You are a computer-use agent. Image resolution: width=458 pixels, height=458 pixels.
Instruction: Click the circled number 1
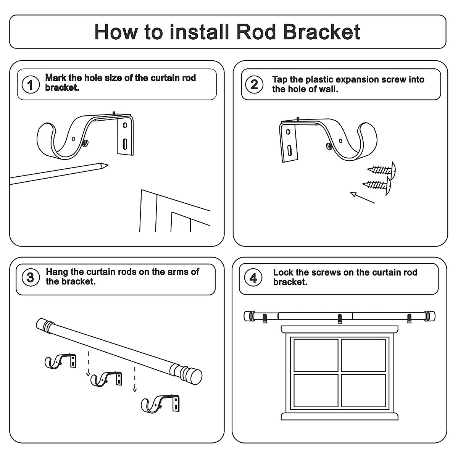click(x=31, y=85)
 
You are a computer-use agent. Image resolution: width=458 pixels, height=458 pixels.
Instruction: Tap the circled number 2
click(x=254, y=85)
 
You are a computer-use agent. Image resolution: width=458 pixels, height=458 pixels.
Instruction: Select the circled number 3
click(x=31, y=277)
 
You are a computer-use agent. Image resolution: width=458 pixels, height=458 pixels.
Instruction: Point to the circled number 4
click(x=253, y=278)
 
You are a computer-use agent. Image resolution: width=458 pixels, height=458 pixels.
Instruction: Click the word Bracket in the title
click(x=322, y=32)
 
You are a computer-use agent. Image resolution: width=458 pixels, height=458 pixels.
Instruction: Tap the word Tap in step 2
click(x=280, y=80)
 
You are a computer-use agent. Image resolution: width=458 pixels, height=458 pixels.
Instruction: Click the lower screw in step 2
click(x=377, y=185)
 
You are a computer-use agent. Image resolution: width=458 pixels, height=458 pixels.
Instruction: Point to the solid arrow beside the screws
click(x=363, y=197)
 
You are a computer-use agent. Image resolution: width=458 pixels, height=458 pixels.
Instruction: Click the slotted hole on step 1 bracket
click(x=125, y=144)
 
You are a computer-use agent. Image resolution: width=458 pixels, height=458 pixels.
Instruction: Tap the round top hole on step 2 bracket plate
click(x=288, y=132)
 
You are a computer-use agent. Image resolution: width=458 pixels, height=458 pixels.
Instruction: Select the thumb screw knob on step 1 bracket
click(x=85, y=143)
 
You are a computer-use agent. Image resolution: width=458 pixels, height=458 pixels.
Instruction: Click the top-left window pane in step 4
click(x=316, y=355)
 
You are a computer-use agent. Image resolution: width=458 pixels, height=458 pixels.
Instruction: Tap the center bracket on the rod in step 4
click(x=340, y=318)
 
